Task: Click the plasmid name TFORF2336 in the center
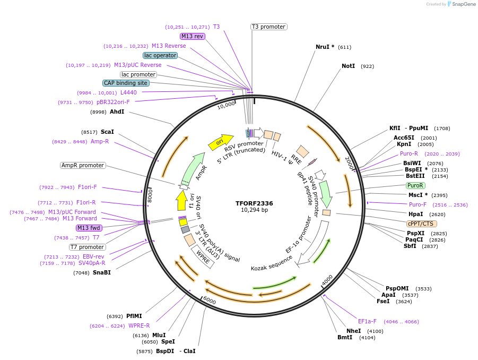(254, 203)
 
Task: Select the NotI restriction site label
(348, 66)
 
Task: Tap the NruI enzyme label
(325, 47)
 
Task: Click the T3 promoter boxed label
(268, 27)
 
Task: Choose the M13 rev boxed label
(192, 36)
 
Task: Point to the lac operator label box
(160, 55)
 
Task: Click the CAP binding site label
(126, 83)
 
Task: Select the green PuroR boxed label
(415, 185)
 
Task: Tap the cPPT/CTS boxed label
(422, 224)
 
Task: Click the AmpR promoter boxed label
(83, 165)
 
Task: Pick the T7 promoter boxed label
(88, 247)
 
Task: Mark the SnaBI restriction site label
(101, 272)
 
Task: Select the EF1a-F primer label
(367, 321)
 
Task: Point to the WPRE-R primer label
(139, 325)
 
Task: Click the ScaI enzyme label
(107, 132)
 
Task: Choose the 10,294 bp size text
(254, 210)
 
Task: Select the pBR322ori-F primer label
(113, 102)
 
